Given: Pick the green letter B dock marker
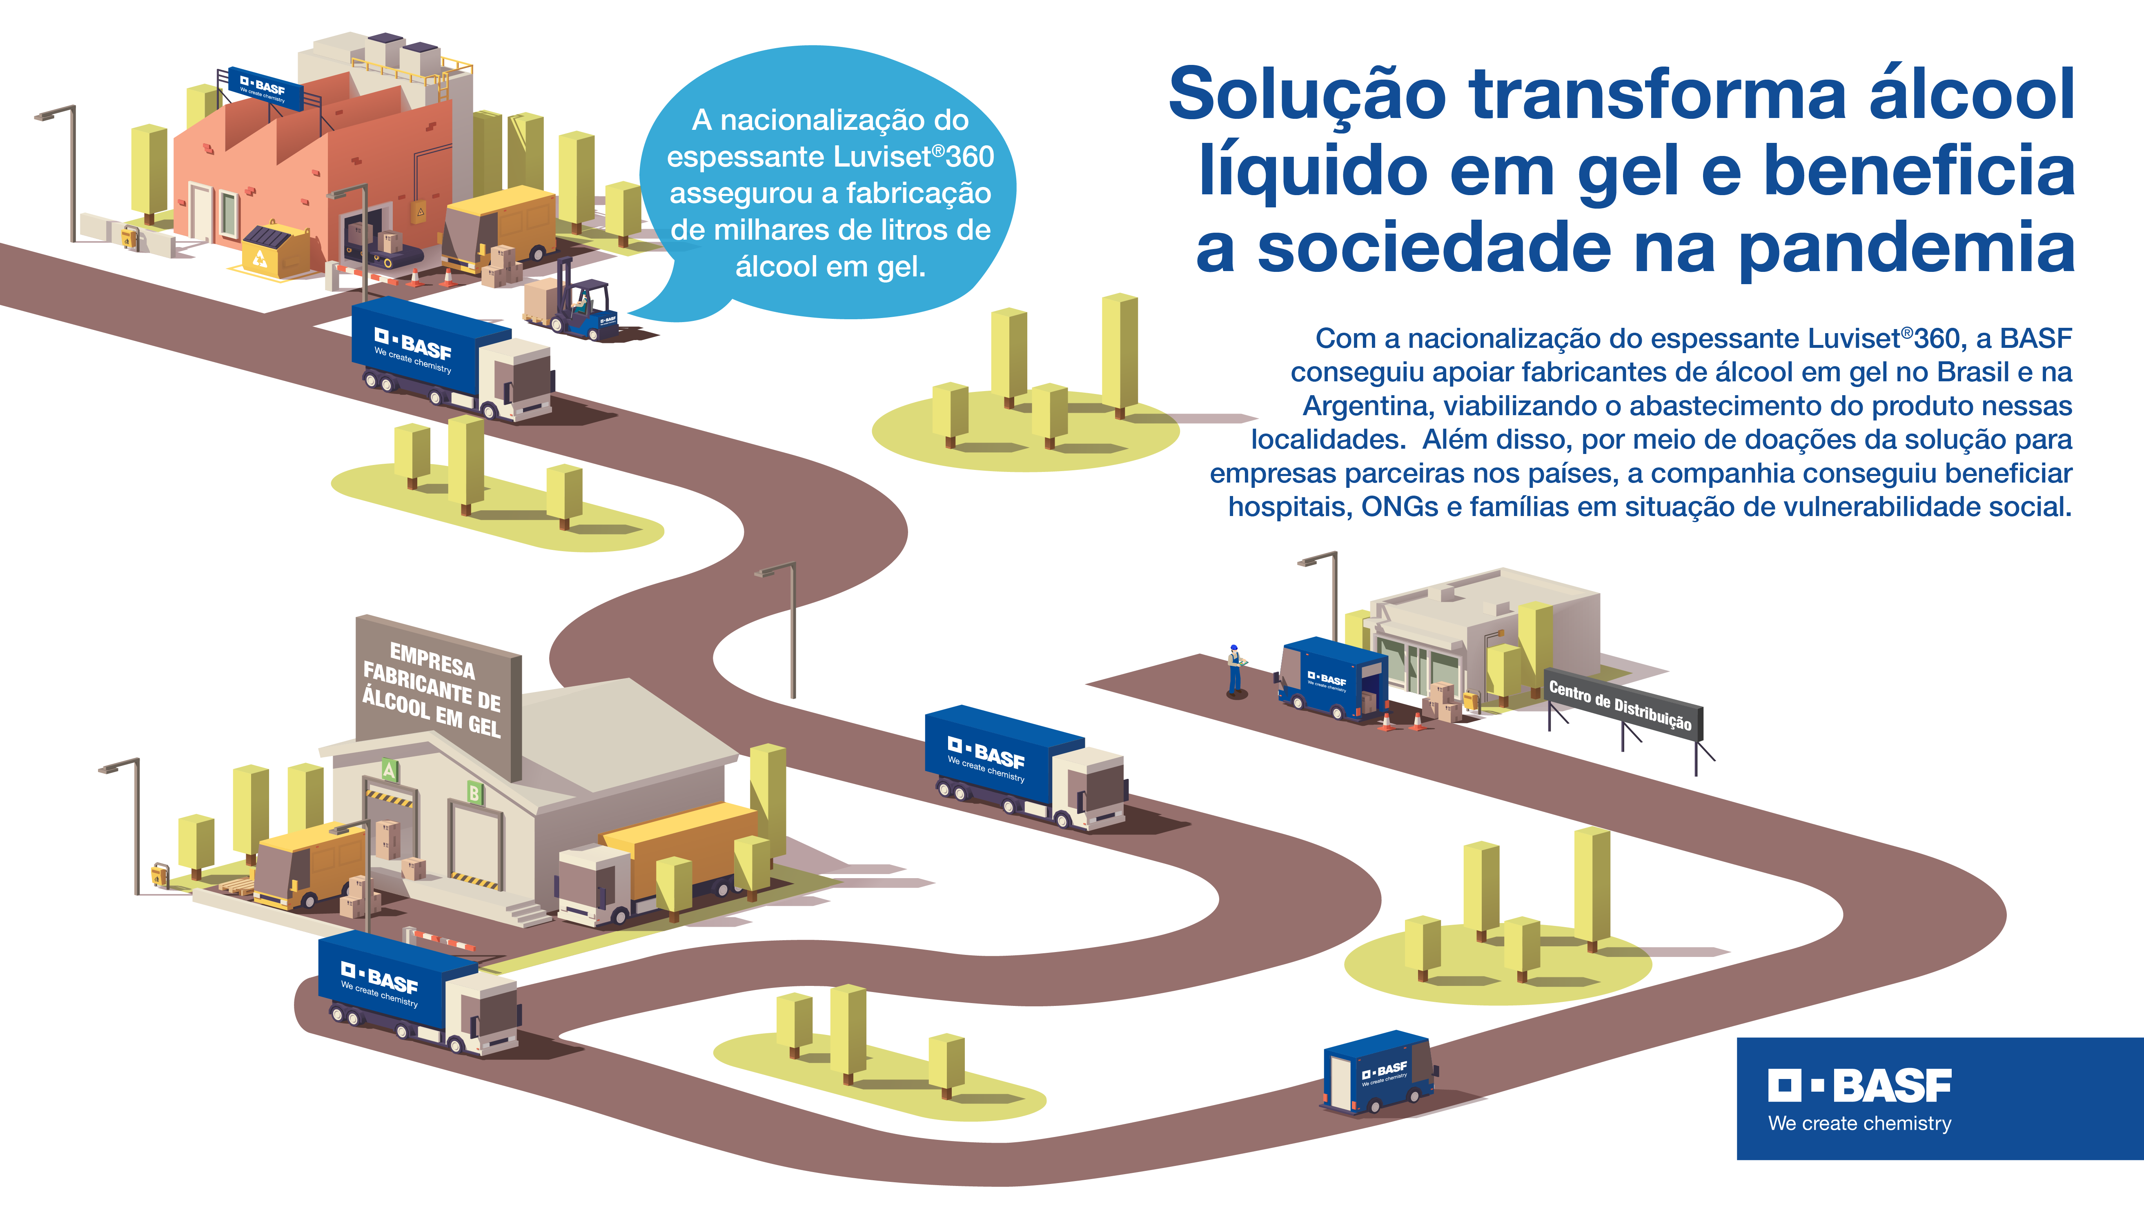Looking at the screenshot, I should (x=474, y=792).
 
